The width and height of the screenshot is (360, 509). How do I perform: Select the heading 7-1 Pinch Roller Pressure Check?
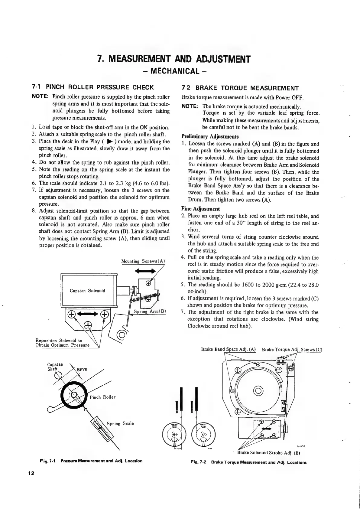click(93, 88)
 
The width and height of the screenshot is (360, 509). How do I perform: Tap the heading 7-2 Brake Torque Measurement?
click(240, 88)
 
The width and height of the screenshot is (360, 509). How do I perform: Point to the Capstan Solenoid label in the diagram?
click(87, 291)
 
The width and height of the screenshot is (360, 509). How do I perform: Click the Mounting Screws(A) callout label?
click(143, 261)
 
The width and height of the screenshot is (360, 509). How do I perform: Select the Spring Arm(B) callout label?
click(150, 312)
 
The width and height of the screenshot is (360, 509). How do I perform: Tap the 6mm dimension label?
click(82, 370)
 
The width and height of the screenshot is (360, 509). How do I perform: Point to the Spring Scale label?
click(120, 423)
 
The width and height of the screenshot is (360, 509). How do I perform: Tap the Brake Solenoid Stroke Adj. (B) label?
click(268, 453)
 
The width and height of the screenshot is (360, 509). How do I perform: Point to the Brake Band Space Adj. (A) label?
click(229, 349)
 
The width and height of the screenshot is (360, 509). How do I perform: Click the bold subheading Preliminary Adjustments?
click(210, 137)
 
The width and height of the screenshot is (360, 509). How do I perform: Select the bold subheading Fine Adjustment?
click(200, 209)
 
